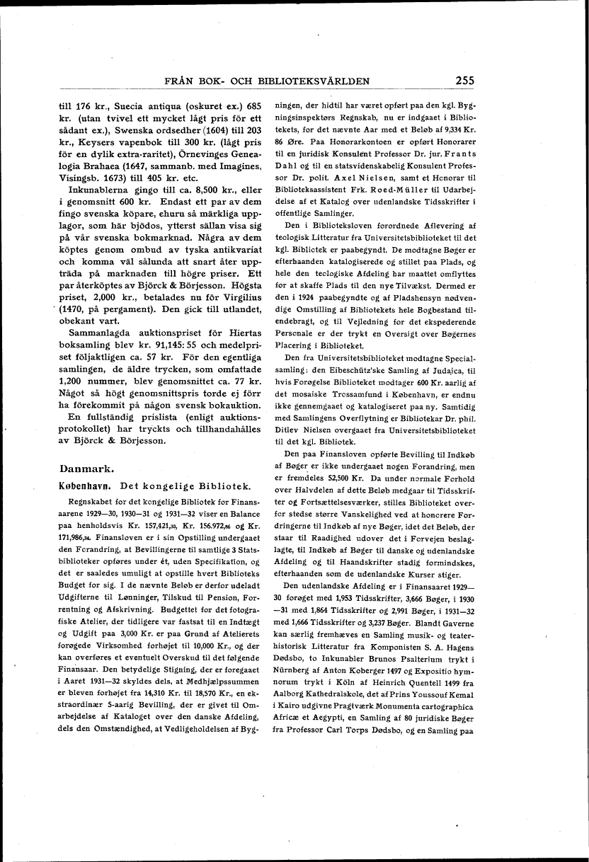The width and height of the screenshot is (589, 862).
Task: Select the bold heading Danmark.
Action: point(87,469)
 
